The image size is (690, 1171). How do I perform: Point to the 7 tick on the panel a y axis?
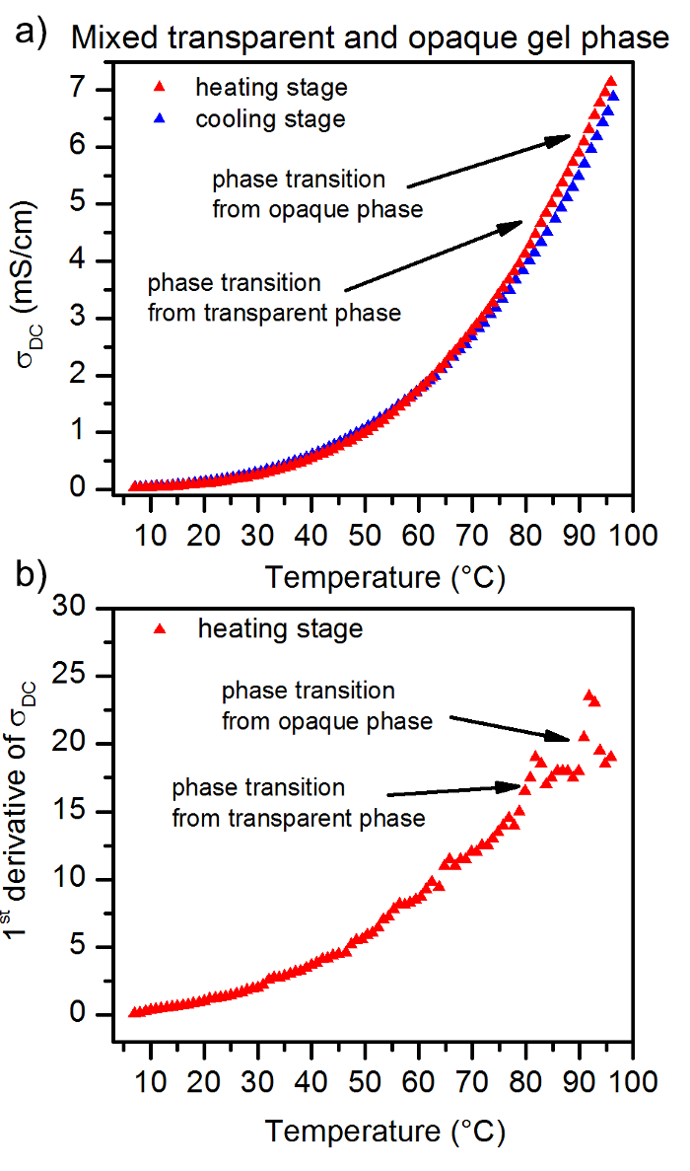click(x=106, y=90)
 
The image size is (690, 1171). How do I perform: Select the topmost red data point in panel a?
click(x=611, y=82)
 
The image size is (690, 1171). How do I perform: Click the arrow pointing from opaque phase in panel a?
click(x=488, y=161)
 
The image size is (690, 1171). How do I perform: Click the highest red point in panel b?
click(x=588, y=695)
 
